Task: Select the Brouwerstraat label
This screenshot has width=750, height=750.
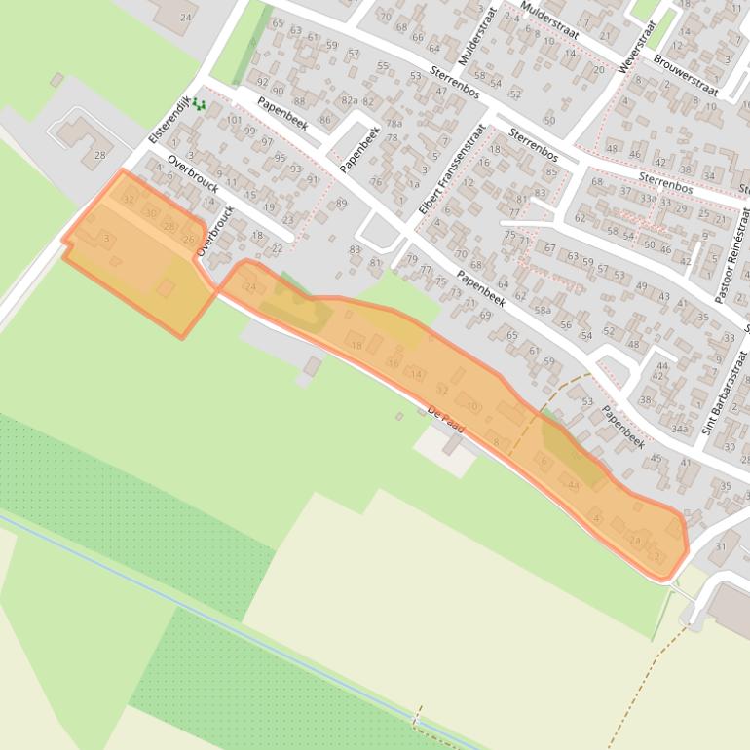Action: (x=686, y=75)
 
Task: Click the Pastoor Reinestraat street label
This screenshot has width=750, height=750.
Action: (x=733, y=254)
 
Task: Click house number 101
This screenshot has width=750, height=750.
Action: (x=234, y=121)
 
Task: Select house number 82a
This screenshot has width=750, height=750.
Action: (x=349, y=100)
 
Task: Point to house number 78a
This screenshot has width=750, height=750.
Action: (x=394, y=124)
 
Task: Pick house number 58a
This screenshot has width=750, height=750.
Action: (x=543, y=311)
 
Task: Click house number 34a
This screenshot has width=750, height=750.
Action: (x=680, y=429)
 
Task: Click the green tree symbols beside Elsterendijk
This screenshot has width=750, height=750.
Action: (x=199, y=103)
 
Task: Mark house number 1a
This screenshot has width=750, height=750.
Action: (x=414, y=184)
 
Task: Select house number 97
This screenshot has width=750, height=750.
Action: (x=267, y=143)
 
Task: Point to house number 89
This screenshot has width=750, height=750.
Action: (x=341, y=204)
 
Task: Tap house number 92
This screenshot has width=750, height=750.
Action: (x=262, y=82)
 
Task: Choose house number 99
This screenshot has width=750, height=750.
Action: (x=250, y=131)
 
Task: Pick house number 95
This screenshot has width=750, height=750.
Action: (x=281, y=157)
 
